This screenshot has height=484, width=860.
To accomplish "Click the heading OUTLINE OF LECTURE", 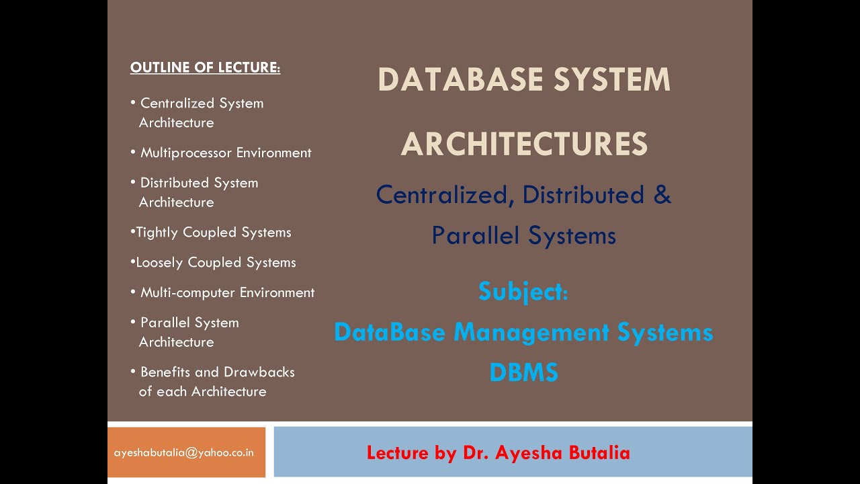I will [205, 68].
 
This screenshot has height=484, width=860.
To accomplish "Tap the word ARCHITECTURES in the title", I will [524, 145].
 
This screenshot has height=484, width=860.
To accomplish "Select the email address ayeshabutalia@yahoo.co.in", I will [184, 452].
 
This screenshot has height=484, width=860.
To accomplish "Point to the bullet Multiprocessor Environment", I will [226, 153].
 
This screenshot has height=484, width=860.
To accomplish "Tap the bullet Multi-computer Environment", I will [227, 292].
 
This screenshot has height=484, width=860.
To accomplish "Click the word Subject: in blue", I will [523, 292].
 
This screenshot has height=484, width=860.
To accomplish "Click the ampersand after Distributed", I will [662, 195].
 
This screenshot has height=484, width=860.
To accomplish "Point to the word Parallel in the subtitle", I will [474, 235].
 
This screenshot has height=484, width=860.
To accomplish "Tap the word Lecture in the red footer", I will [398, 453].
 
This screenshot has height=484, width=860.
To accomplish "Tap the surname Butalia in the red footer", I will [599, 453].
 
